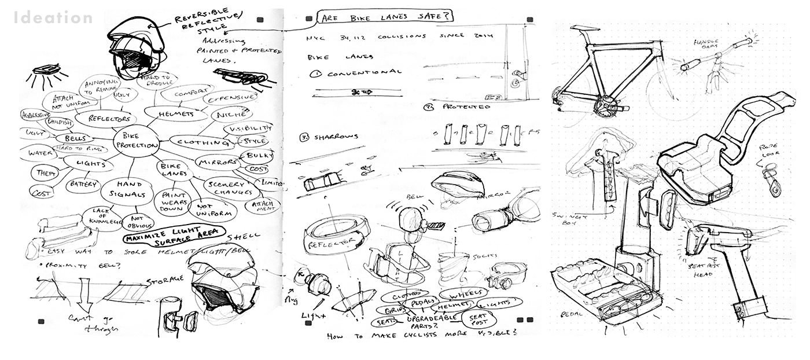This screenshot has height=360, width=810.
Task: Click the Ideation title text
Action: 53,18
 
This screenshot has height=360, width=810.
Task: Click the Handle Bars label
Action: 706,45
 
